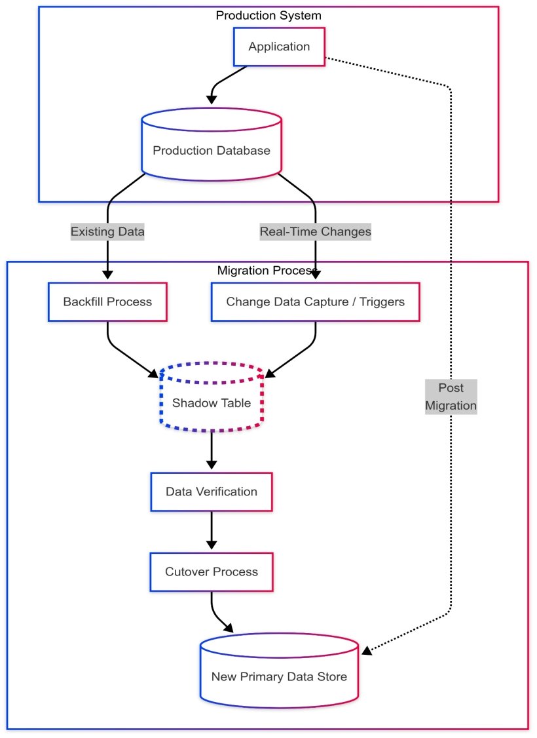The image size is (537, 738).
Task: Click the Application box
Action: pos(279,47)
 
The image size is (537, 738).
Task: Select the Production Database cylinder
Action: pos(211,150)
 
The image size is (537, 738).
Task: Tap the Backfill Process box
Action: pos(107,302)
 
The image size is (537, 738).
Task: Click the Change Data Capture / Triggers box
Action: pos(315,302)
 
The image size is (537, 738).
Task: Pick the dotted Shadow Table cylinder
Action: pos(211,402)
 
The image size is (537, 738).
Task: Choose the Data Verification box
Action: pos(211,492)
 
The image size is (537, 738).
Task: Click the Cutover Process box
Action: pos(211,572)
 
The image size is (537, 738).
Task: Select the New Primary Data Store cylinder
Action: pos(279,676)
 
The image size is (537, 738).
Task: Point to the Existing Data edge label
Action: pos(107,231)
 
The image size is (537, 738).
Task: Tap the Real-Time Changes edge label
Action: pos(315,231)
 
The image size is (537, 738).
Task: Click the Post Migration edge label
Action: pos(451,397)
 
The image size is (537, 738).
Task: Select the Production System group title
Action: pos(268,15)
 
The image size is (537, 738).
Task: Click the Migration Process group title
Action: pos(267,270)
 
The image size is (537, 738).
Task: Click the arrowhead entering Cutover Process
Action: pos(211,543)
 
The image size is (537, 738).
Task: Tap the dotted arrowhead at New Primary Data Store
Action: pos(367,650)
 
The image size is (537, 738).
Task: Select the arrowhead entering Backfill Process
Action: pos(107,275)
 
